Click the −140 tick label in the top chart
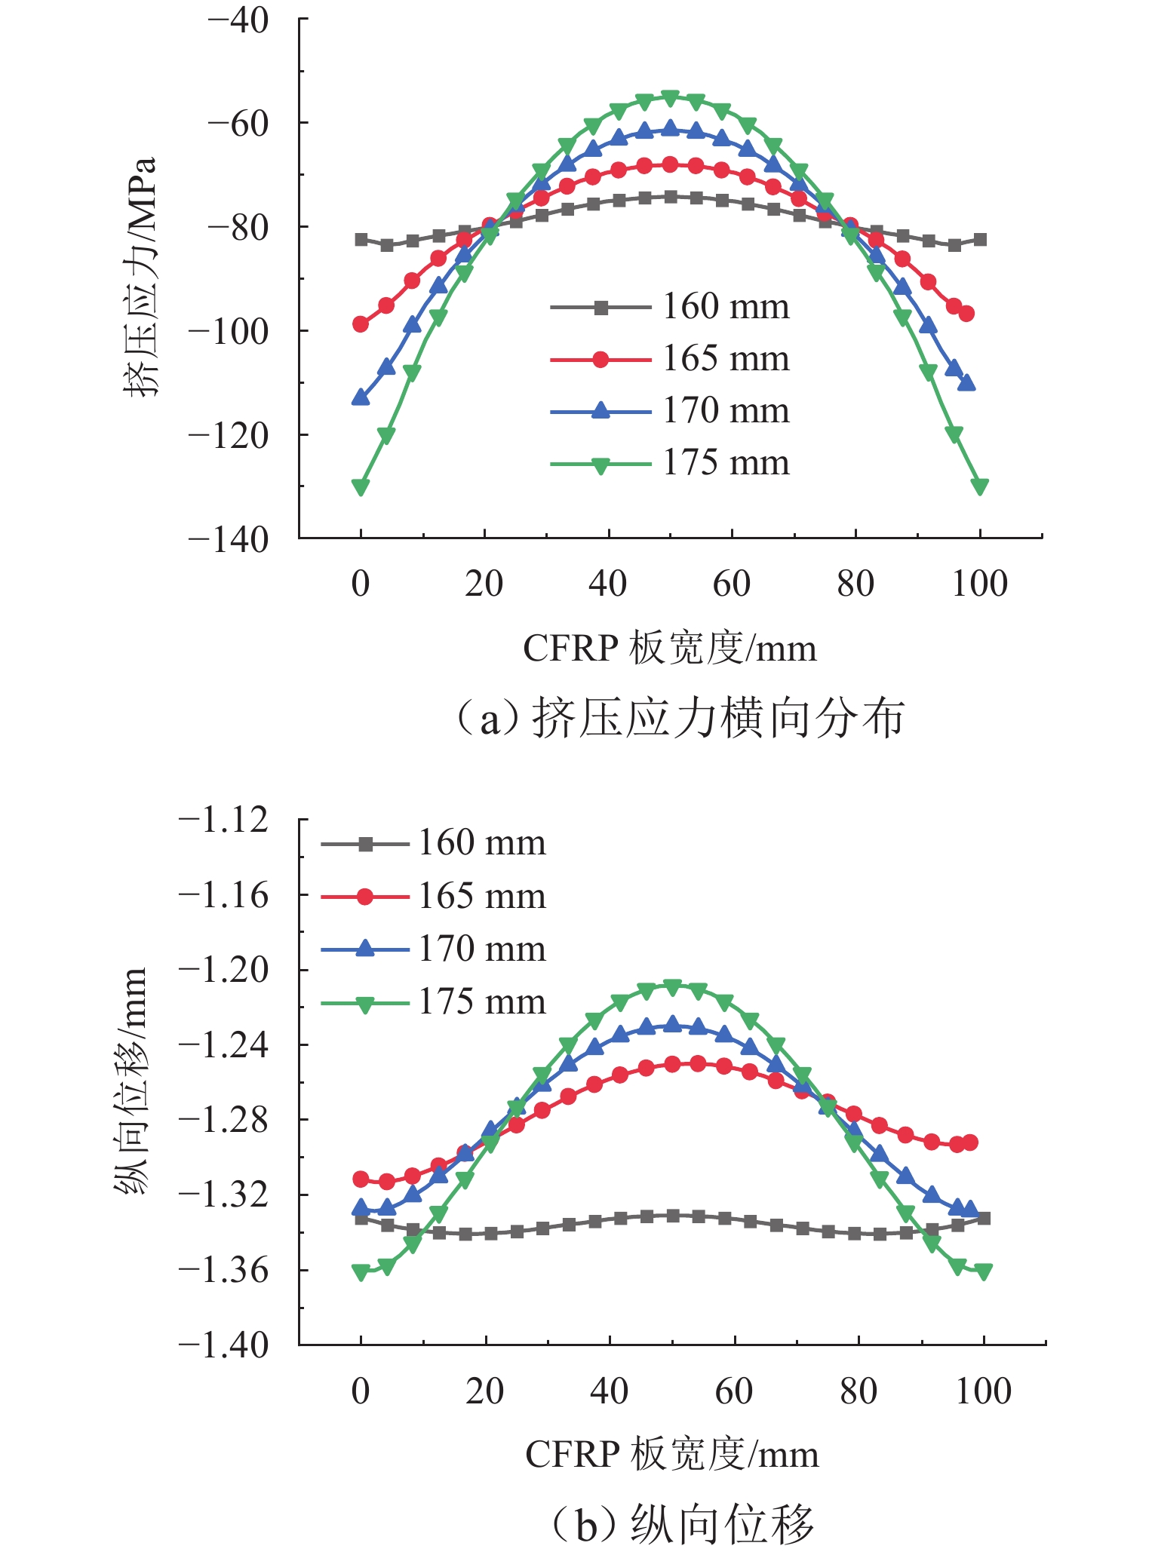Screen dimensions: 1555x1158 click(x=228, y=540)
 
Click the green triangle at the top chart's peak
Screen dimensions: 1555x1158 click(x=670, y=97)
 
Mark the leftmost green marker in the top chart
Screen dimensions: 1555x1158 click(x=361, y=487)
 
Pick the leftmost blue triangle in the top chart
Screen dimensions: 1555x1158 click(x=361, y=397)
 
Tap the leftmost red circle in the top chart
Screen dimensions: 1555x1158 click(x=361, y=324)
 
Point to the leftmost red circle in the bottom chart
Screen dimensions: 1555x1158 click(x=361, y=1179)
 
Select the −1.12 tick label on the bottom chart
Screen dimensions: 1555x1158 click(x=223, y=820)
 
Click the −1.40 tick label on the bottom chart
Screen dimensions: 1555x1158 click(x=223, y=1345)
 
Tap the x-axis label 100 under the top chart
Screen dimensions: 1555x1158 click(x=979, y=584)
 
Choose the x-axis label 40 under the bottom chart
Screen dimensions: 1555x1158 click(x=609, y=1391)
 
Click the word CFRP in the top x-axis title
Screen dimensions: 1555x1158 click(x=570, y=649)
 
